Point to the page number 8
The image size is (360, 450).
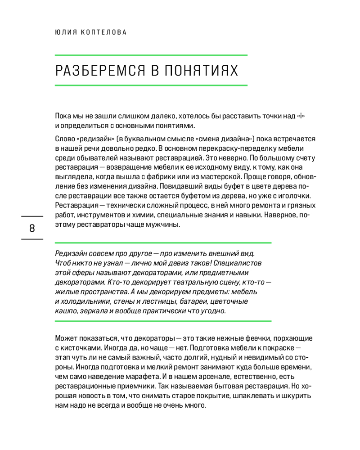tap(32, 228)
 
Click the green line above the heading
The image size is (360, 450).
tap(151, 55)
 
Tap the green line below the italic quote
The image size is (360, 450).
tap(163, 321)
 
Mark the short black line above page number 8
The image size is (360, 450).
tap(32, 217)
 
